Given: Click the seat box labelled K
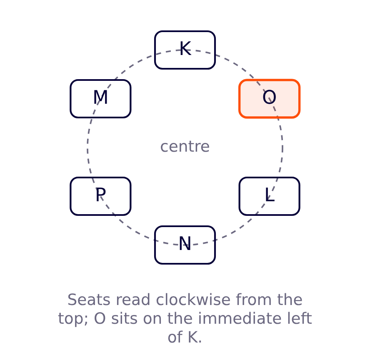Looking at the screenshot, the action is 185,50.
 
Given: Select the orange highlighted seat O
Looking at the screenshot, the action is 270,99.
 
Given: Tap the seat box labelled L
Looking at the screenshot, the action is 270,196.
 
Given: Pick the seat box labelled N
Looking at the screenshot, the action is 185,245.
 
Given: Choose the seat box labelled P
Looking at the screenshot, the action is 100,196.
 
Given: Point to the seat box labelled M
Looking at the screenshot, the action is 100,99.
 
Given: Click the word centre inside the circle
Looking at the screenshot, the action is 185,147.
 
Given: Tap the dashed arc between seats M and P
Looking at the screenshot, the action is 87,147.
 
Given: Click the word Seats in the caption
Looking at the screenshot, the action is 89,300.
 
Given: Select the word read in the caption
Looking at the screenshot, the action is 133,300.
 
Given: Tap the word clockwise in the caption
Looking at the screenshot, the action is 193,300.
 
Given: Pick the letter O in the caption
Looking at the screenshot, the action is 100,318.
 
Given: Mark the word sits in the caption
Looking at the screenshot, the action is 124,318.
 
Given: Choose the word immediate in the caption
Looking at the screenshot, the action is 240,318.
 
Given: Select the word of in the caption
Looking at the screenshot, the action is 175,337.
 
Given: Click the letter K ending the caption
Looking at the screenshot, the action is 193,337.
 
